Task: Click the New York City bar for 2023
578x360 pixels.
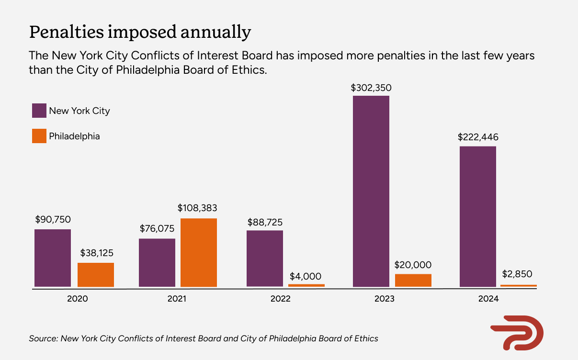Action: click(x=371, y=191)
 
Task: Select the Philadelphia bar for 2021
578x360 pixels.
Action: click(x=199, y=253)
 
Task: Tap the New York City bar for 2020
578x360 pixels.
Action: click(x=53, y=258)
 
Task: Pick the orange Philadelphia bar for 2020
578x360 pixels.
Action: click(x=96, y=275)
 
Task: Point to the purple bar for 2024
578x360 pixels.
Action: click(x=478, y=216)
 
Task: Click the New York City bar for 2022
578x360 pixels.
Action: click(x=265, y=259)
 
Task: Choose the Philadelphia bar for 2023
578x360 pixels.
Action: click(x=413, y=281)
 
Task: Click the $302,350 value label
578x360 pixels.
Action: click(x=371, y=88)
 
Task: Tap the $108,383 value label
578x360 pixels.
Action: click(x=197, y=208)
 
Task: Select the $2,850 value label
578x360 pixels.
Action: click(x=517, y=275)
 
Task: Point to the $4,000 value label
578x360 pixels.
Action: click(x=306, y=276)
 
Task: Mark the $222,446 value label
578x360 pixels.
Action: click(x=478, y=137)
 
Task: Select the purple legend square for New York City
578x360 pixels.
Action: click(x=39, y=111)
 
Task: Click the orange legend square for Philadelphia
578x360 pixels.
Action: click(x=39, y=136)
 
